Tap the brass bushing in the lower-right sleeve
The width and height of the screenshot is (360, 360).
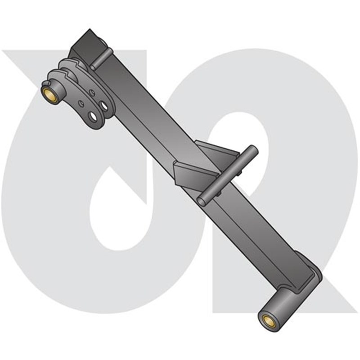[267, 320]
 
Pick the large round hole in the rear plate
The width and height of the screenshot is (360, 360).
[104, 105]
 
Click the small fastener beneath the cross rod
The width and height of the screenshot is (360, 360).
[219, 193]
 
